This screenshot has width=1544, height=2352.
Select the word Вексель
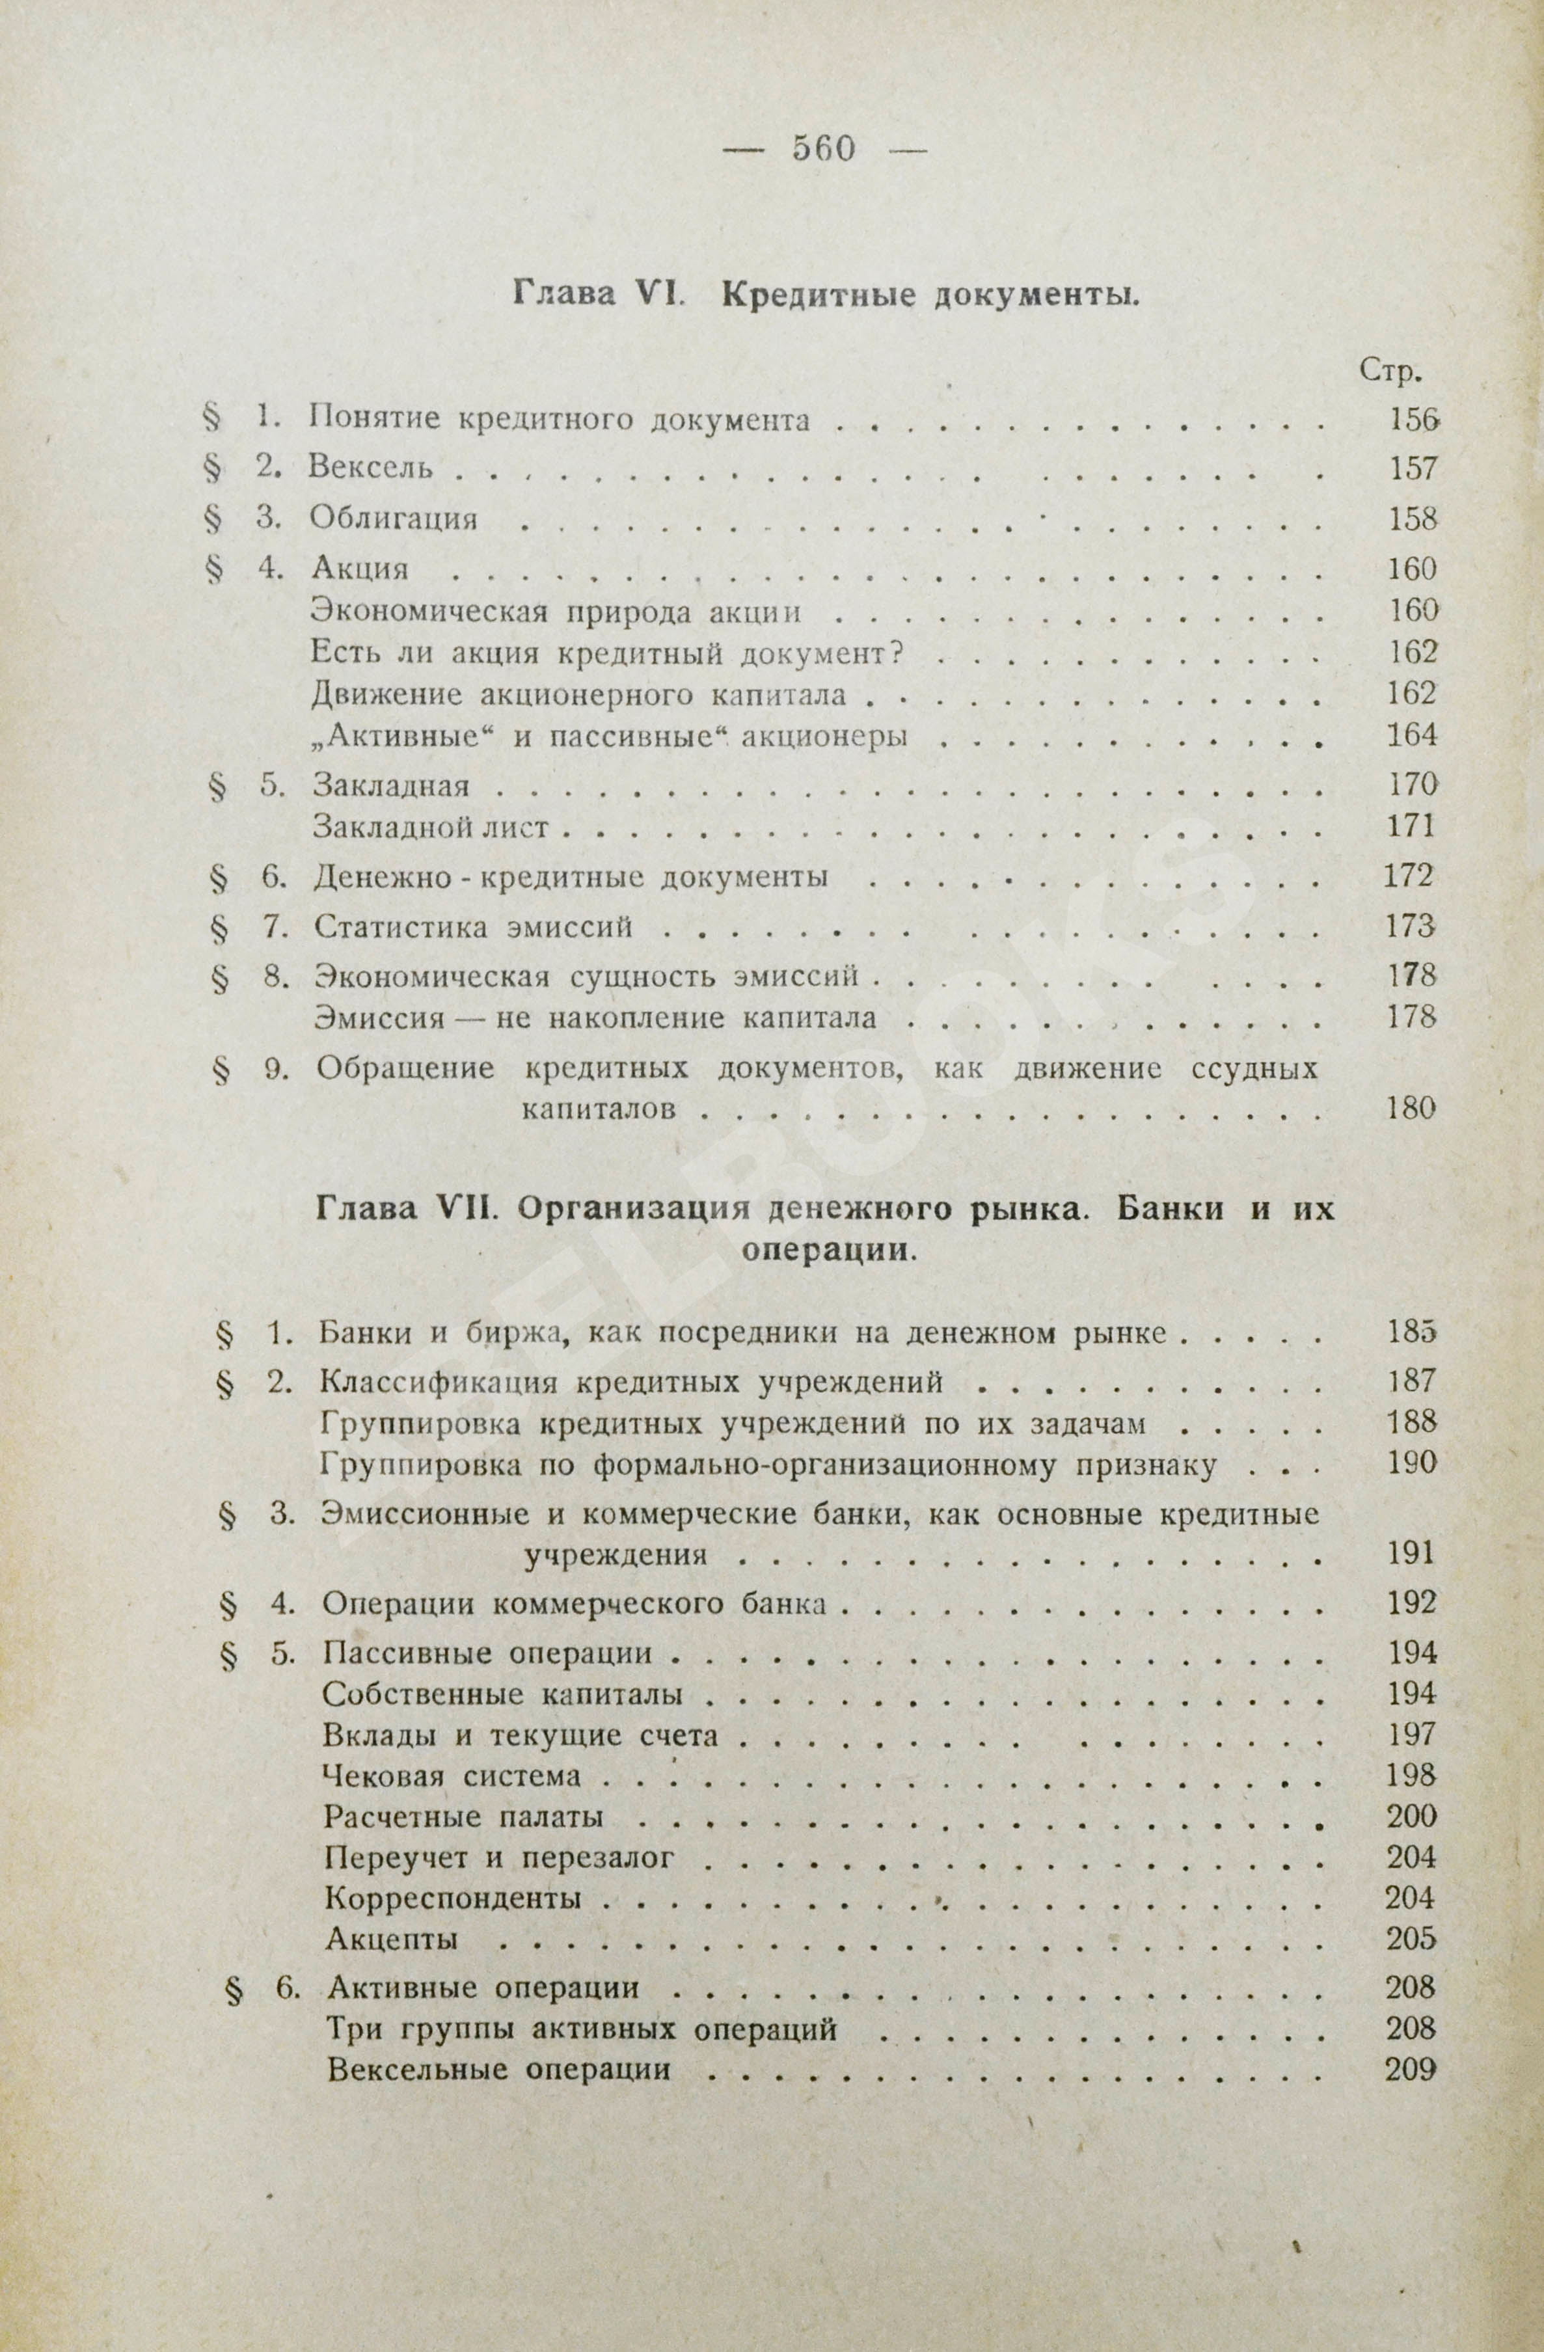tap(371, 466)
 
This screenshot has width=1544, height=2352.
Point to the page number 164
tap(1411, 737)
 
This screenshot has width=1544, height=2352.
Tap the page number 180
tap(1411, 1109)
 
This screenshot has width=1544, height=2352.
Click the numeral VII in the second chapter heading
tap(463, 1211)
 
